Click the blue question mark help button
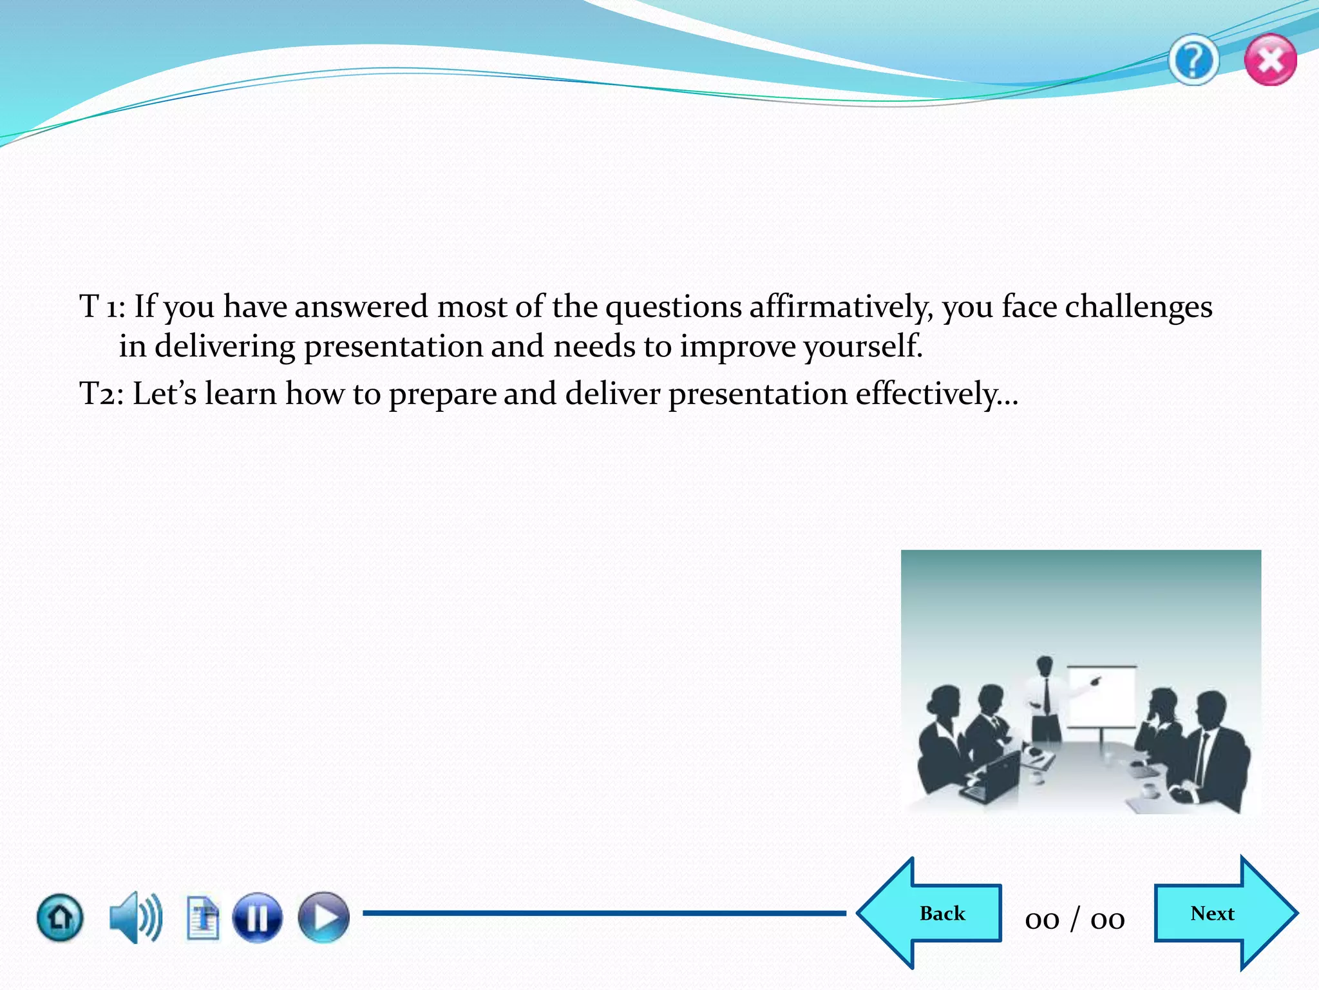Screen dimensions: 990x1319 (1193, 61)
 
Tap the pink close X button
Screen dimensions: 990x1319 (1270, 61)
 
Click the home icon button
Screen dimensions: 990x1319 (60, 917)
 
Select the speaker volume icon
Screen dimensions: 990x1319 (135, 917)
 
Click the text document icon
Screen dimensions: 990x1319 (203, 917)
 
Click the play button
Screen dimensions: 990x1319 (323, 917)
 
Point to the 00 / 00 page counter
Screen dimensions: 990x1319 (1074, 919)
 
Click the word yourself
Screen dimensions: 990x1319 (862, 347)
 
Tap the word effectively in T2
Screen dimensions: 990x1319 (927, 394)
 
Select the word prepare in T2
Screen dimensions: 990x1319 (442, 394)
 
